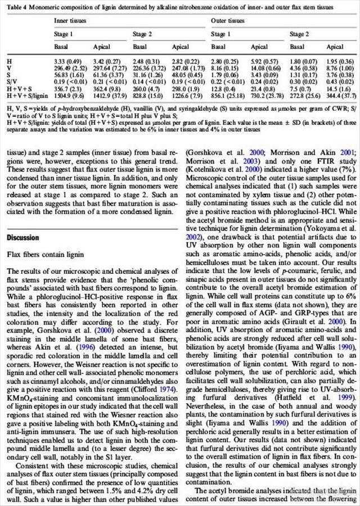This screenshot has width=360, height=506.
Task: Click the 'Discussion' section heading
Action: point(23,238)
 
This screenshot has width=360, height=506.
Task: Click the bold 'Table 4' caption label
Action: point(18,7)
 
